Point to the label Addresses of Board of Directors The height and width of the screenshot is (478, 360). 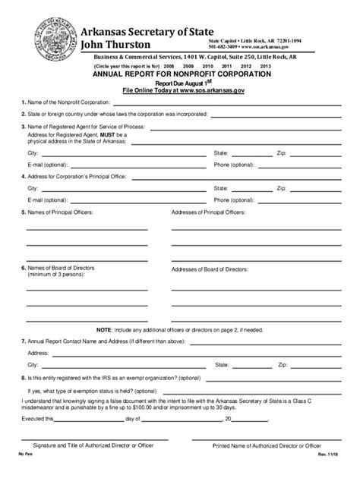210,269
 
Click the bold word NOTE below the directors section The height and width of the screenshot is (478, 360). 104,331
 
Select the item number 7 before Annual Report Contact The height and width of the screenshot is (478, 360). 24,342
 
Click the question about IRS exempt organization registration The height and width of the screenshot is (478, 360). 114,377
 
